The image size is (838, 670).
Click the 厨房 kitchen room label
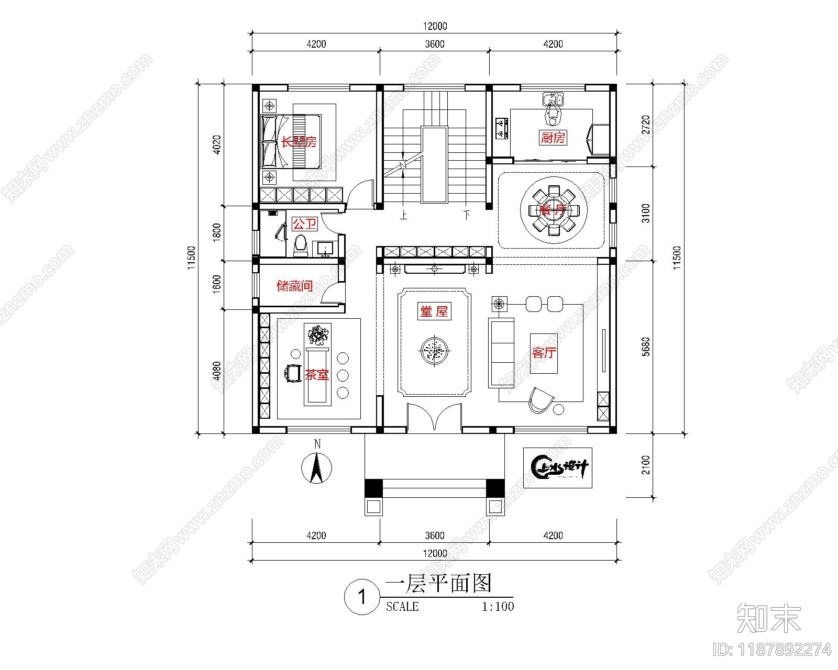[553, 138]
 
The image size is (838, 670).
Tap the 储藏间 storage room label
[294, 286]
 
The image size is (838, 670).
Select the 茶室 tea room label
[317, 375]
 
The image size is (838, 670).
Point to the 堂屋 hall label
[434, 311]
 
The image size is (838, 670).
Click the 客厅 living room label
[544, 353]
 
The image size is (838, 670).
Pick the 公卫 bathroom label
[304, 225]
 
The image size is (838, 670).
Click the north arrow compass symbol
[316, 468]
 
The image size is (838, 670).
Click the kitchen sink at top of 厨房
[553, 98]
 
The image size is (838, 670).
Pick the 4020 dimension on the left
[217, 144]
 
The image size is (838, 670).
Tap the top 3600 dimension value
[435, 44]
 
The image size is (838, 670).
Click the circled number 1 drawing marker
[361, 597]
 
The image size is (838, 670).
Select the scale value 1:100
[498, 607]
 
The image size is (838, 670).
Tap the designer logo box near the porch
[557, 467]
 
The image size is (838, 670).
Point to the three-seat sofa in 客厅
[501, 352]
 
